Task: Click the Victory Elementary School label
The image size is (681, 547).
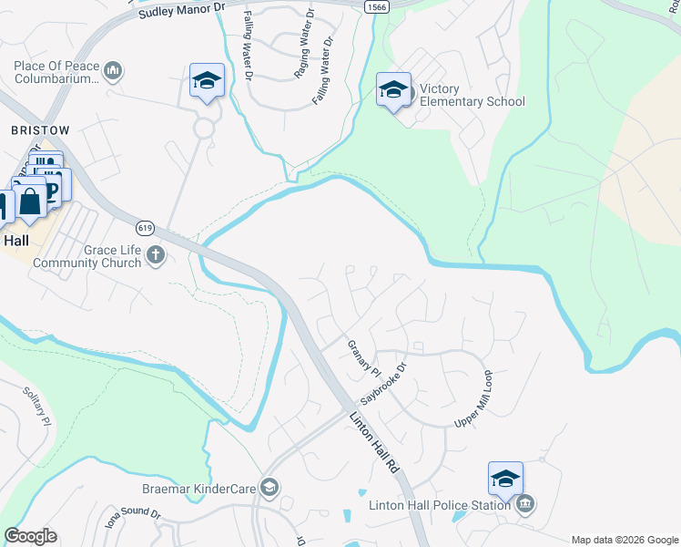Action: (472, 95)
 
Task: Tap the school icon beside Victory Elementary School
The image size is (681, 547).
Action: (393, 90)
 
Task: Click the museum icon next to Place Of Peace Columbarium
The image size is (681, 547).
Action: (114, 70)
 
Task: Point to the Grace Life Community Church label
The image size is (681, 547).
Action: (87, 256)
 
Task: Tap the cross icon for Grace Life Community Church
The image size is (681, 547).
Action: (156, 254)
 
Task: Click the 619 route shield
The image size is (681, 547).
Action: (144, 227)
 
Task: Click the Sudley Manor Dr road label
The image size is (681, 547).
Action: (182, 10)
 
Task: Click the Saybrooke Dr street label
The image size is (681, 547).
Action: (382, 386)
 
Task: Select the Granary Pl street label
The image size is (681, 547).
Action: (363, 358)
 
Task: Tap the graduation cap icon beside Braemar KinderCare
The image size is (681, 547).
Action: (269, 488)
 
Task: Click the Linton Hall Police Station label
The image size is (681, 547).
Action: (440, 505)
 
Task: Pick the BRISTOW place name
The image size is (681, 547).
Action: (39, 131)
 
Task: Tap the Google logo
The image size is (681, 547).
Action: (30, 536)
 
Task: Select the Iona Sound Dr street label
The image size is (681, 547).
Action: (133, 522)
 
